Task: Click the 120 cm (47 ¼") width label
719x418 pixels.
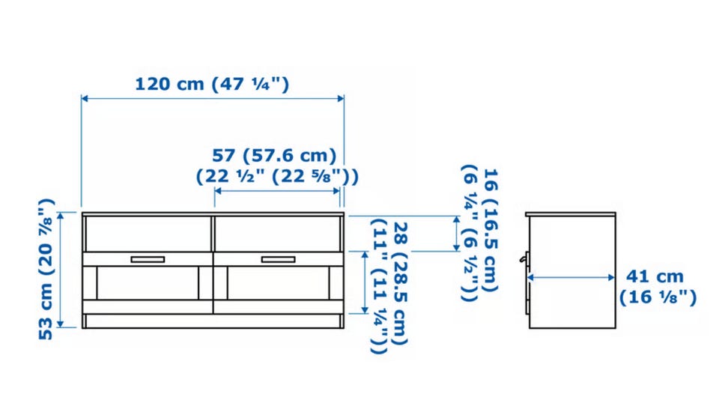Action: pos(212,85)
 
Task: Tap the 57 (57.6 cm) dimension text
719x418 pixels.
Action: pos(274,156)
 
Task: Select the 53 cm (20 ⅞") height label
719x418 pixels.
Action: pos(46,269)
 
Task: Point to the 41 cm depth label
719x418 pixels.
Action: pos(655,276)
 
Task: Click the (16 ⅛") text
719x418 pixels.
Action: pos(658,297)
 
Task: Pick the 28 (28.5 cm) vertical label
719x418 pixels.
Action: pos(401,284)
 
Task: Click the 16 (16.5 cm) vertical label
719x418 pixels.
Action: pos(491,230)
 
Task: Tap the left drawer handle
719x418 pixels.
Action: pos(148,260)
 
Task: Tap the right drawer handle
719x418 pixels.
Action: pos(279,260)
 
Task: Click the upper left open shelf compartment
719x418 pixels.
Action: pos(148,234)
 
